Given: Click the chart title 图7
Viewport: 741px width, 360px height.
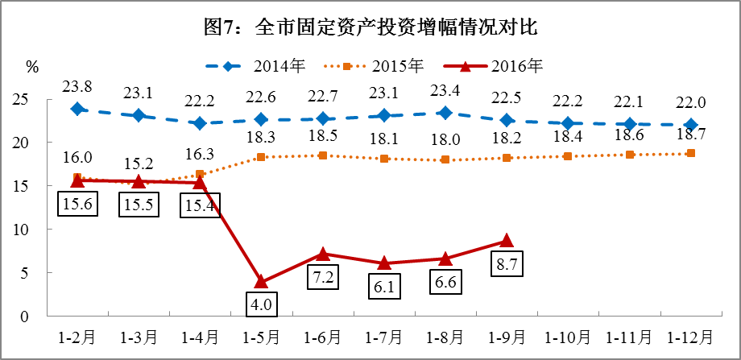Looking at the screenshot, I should pyautogui.click(x=370, y=28).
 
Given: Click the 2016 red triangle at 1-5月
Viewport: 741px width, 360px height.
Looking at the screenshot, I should pyautogui.click(x=261, y=281).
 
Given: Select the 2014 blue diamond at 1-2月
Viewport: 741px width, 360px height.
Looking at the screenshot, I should pyautogui.click(x=77, y=109).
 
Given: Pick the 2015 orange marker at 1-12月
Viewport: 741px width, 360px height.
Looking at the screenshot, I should pyautogui.click(x=691, y=153).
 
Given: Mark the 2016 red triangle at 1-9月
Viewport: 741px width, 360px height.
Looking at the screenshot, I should pyautogui.click(x=507, y=240).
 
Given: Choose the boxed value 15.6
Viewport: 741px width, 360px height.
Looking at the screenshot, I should pyautogui.click(x=77, y=205).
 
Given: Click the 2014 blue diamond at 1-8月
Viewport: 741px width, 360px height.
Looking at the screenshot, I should pyautogui.click(x=445, y=113).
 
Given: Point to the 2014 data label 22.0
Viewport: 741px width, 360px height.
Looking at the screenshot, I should pyautogui.click(x=691, y=102).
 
